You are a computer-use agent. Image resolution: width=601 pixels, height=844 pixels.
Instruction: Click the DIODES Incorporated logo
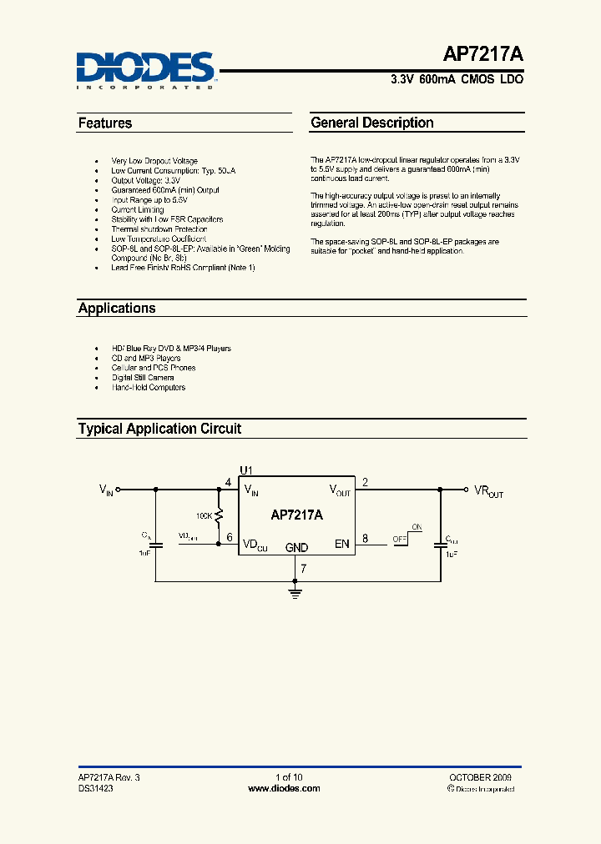(x=145, y=68)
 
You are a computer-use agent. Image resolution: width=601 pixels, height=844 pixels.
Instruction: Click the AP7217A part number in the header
(x=483, y=57)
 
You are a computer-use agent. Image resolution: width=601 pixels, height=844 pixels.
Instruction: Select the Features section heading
(x=105, y=123)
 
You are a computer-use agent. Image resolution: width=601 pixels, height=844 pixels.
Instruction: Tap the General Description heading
(x=372, y=123)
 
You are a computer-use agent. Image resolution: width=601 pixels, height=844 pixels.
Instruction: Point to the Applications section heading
(x=117, y=309)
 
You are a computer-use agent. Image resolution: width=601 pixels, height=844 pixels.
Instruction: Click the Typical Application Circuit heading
(x=159, y=429)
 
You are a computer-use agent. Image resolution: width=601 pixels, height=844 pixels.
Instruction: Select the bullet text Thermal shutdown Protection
(x=159, y=229)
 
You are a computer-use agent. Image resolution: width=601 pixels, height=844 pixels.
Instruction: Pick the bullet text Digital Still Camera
(x=143, y=378)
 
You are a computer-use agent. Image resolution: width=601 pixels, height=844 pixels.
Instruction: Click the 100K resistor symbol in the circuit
(x=219, y=517)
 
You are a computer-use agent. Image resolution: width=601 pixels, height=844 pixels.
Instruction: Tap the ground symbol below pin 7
(x=295, y=593)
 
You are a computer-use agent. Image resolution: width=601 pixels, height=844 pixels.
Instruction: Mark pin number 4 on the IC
(x=229, y=483)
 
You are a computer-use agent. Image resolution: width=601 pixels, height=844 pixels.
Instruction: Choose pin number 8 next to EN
(x=365, y=538)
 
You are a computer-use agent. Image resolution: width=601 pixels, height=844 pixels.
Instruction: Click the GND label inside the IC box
(x=296, y=548)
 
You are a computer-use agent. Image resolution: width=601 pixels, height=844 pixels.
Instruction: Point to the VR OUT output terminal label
(x=489, y=491)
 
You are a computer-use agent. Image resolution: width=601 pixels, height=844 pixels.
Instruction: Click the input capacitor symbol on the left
(x=154, y=543)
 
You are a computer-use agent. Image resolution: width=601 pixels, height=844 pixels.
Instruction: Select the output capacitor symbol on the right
(x=440, y=545)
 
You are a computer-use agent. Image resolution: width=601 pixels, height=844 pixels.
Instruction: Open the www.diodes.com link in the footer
(x=285, y=788)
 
